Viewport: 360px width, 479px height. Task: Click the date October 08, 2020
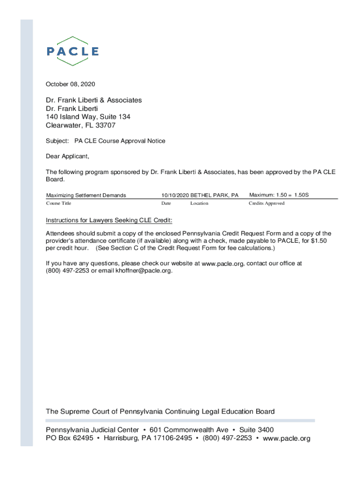point(70,84)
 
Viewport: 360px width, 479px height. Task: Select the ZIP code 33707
point(106,125)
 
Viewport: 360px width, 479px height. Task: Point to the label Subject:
point(57,141)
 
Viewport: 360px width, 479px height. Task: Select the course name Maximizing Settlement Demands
point(86,195)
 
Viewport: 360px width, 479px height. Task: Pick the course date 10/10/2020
point(175,195)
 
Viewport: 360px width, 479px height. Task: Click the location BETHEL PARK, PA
point(214,195)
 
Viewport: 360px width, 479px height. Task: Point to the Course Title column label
point(58,203)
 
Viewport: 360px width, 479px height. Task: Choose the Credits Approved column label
point(266,203)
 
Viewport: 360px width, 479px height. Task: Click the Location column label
point(199,203)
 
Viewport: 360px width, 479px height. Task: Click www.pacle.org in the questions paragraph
point(223,264)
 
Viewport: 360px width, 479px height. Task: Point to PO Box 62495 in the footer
point(69,438)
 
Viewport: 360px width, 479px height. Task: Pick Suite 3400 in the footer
point(256,430)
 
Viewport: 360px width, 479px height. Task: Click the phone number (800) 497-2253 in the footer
point(227,438)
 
